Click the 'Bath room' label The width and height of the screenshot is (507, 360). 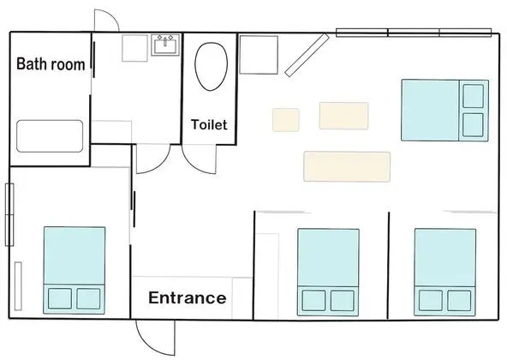pyautogui.click(x=51, y=63)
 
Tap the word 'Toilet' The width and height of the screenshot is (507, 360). pyautogui.click(x=209, y=124)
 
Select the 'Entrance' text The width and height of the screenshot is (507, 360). pyautogui.click(x=188, y=297)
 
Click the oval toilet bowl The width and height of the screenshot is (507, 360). pyautogui.click(x=212, y=66)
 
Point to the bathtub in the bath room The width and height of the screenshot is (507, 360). pyautogui.click(x=50, y=136)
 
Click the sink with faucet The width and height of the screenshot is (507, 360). pyautogui.click(x=165, y=45)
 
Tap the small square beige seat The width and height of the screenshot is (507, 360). pyautogui.click(x=286, y=120)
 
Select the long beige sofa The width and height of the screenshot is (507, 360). pyautogui.click(x=347, y=166)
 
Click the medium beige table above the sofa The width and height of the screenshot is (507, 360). pyautogui.click(x=343, y=116)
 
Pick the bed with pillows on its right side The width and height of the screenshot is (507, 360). pyautogui.click(x=444, y=111)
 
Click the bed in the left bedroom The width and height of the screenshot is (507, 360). pyautogui.click(x=75, y=270)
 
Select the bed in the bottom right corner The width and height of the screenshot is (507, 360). pyautogui.click(x=445, y=273)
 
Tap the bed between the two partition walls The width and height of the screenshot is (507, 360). pyautogui.click(x=328, y=273)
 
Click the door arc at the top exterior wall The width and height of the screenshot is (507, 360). pyautogui.click(x=113, y=16)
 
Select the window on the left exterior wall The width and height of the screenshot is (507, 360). pyautogui.click(x=9, y=214)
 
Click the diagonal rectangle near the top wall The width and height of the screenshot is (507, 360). pyautogui.click(x=307, y=55)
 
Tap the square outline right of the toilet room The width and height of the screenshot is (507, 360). pyautogui.click(x=259, y=55)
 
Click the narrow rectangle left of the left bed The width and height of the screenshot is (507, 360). pyautogui.click(x=18, y=286)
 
